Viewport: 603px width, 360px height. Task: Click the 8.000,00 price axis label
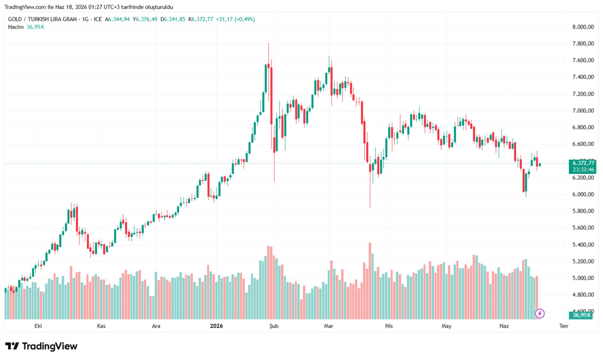click(583, 27)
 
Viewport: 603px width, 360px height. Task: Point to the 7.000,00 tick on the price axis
click(583, 111)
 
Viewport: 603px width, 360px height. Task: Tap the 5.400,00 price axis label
click(583, 244)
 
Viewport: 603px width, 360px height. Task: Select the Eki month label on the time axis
click(38, 326)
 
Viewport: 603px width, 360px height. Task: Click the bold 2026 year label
click(217, 326)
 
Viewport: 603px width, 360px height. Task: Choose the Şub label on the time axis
click(274, 326)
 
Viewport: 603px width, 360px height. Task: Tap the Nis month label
click(389, 326)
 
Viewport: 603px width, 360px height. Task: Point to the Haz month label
click(504, 326)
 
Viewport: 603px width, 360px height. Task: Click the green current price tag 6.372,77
click(583, 163)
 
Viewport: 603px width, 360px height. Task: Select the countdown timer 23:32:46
click(583, 169)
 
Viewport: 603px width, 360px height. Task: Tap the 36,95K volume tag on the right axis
click(581, 315)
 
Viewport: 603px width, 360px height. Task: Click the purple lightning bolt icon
click(540, 313)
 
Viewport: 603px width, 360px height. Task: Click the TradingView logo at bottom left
click(41, 346)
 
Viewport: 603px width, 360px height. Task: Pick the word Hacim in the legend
click(16, 27)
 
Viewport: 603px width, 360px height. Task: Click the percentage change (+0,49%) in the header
click(244, 19)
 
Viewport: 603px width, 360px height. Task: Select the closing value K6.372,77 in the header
click(200, 19)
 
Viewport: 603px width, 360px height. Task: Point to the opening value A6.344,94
click(117, 19)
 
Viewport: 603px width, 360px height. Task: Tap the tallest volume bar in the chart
click(370, 281)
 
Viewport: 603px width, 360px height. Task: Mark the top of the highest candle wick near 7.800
click(268, 43)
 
